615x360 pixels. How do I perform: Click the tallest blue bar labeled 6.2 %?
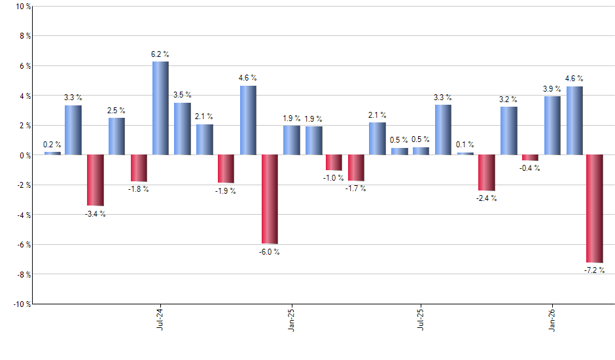coord(160,108)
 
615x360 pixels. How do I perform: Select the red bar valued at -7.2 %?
coord(595,208)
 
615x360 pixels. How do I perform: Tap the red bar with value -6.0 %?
coord(270,199)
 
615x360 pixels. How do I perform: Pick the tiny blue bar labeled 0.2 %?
coord(52,153)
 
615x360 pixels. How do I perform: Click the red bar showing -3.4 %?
coord(96,180)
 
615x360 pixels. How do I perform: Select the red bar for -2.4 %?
coord(487,173)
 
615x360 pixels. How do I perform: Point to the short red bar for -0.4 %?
coord(530,158)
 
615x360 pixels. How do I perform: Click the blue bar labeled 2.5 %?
coord(116,136)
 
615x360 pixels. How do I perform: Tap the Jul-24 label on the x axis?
coord(160,320)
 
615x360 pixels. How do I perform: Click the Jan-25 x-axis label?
coord(291,320)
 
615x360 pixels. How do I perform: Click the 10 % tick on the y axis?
coord(22,7)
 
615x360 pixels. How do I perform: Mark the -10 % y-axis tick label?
coord(21,304)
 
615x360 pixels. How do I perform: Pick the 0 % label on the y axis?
coord(24,155)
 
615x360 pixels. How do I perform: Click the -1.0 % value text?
coord(334,178)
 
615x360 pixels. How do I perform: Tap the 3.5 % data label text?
coord(182,96)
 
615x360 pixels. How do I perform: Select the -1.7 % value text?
coord(356,189)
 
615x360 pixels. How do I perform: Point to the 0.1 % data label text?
coord(465,145)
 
